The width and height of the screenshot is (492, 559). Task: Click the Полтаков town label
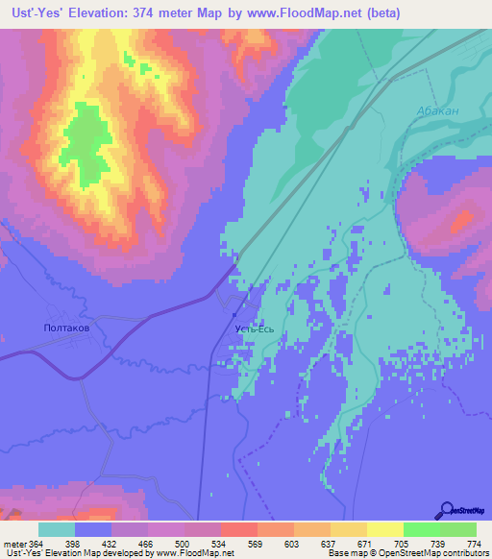pos(67,328)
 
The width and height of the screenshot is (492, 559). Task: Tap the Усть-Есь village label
pos(255,328)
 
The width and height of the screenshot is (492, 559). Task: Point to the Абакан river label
pos(438,111)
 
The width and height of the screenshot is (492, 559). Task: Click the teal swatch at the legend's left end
pos(56,529)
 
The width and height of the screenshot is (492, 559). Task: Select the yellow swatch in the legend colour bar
pos(384,529)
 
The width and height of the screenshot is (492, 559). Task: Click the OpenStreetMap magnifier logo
pos(446,510)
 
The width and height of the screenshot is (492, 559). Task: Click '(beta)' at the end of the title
pos(376,12)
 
